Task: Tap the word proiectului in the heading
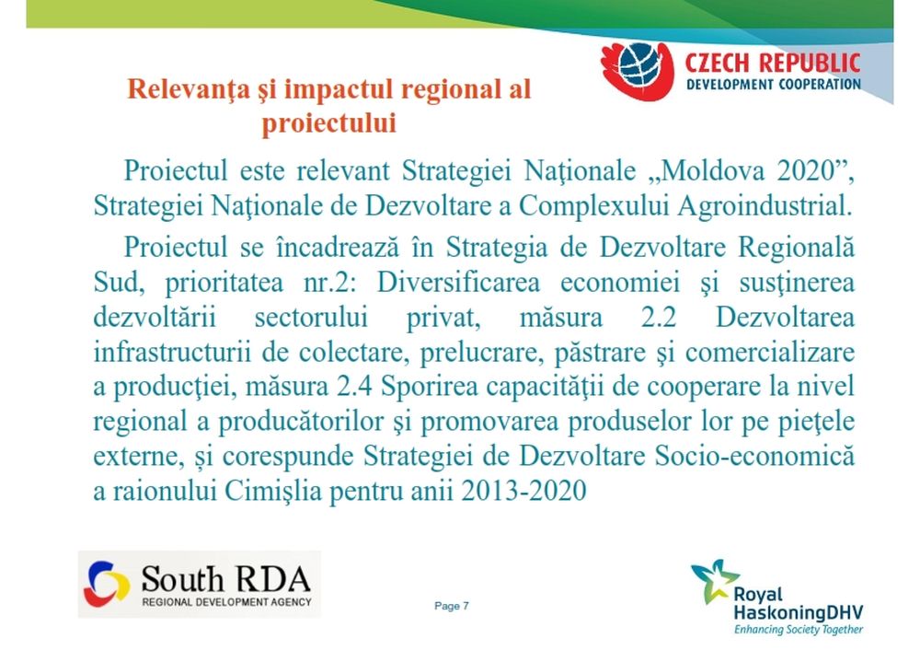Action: tap(328, 122)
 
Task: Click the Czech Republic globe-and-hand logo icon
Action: tap(638, 71)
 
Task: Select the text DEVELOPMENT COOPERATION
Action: tap(774, 85)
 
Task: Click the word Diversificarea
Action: tap(458, 283)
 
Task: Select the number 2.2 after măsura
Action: tap(659, 318)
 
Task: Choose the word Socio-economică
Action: tap(754, 457)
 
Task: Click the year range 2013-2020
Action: tap(524, 491)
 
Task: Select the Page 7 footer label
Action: tap(452, 606)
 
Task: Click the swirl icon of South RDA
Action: tap(108, 584)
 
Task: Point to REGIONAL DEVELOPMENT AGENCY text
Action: tap(226, 602)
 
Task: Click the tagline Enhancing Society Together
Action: tap(799, 630)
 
